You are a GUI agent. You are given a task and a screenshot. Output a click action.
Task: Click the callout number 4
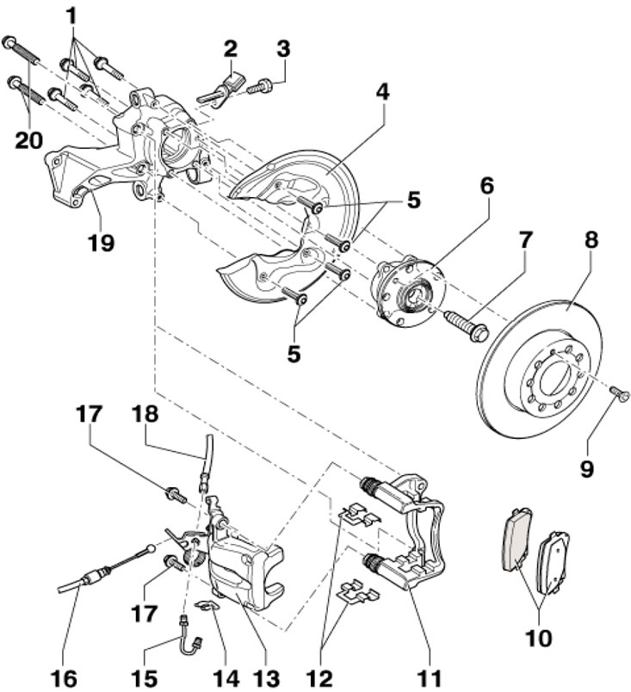click(x=382, y=92)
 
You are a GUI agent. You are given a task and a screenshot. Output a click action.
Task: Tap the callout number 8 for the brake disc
click(x=591, y=239)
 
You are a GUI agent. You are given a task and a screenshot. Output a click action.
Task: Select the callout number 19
click(x=101, y=242)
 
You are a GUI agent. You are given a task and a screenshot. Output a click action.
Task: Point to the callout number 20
click(x=29, y=140)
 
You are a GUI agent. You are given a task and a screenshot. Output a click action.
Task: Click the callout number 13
click(x=268, y=678)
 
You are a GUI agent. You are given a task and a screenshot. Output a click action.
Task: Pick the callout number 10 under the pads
click(x=539, y=637)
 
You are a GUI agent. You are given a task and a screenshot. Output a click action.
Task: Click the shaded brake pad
click(x=517, y=541)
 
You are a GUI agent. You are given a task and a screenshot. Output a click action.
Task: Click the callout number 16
click(x=64, y=678)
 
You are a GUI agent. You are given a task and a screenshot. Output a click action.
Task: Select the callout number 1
click(x=71, y=16)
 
